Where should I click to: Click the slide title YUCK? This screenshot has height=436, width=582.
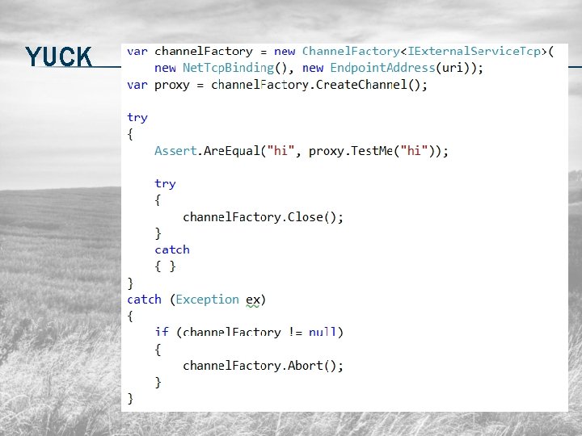(x=58, y=57)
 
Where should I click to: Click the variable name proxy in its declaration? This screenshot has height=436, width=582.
(x=171, y=85)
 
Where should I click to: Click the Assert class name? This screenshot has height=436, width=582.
(x=175, y=151)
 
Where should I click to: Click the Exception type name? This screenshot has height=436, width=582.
(x=207, y=300)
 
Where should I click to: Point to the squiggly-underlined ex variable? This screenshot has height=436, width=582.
(x=253, y=300)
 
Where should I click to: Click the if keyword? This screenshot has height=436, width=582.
(x=162, y=333)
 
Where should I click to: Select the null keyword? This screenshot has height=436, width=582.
(x=323, y=333)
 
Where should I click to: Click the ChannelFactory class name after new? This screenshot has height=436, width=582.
(x=350, y=52)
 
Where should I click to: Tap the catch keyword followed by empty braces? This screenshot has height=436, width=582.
(x=172, y=250)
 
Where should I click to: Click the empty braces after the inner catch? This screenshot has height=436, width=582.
(x=166, y=266)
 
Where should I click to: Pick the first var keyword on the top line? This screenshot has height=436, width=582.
(x=137, y=52)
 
